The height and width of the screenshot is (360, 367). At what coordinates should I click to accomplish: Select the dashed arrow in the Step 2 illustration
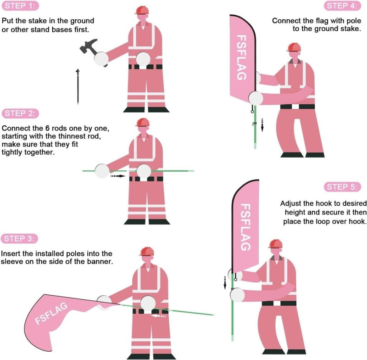click(x=118, y=175)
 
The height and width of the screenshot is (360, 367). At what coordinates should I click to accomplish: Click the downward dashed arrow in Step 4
click(x=263, y=124)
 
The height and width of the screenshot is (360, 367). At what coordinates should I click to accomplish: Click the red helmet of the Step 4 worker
click(x=293, y=47)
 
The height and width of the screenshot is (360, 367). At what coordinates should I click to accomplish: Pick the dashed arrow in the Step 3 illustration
click(x=158, y=315)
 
